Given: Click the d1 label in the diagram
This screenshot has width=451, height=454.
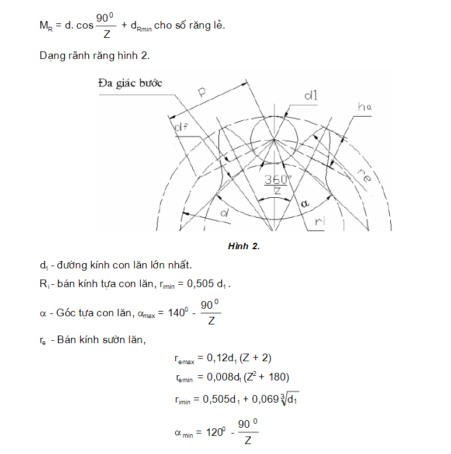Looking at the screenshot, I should coord(310,96).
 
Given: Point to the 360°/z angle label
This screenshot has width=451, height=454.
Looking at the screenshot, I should coord(273,184).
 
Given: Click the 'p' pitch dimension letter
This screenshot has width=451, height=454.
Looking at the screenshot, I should coord(202,92).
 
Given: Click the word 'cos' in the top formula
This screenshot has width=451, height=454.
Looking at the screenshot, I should coord(83,27).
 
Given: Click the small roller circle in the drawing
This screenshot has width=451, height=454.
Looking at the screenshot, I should coord(273,139).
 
